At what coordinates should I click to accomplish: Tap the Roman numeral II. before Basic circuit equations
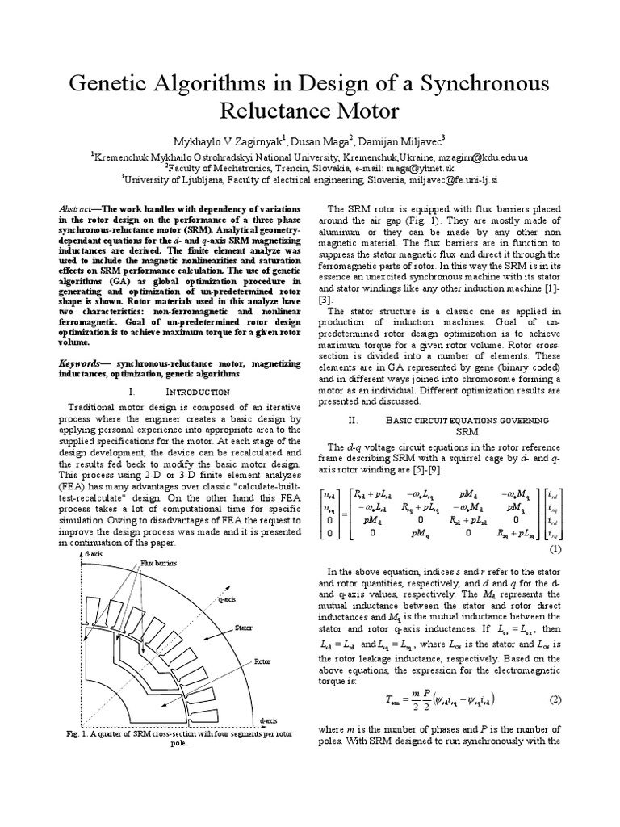(351, 421)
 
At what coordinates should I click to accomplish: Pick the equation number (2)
(555, 698)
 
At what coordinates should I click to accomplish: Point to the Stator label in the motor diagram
(245, 626)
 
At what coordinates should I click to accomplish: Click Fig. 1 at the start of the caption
(76, 734)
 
